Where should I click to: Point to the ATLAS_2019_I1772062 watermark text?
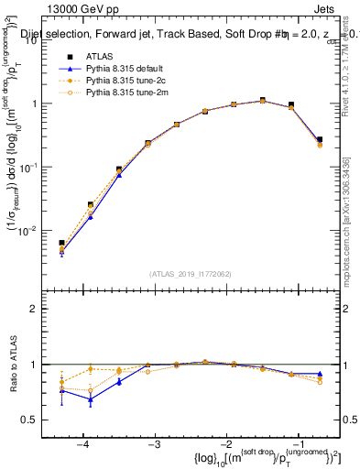[191, 274]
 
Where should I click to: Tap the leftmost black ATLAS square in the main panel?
[61, 243]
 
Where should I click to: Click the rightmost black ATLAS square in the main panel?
[320, 139]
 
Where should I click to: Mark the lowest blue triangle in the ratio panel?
[91, 399]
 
